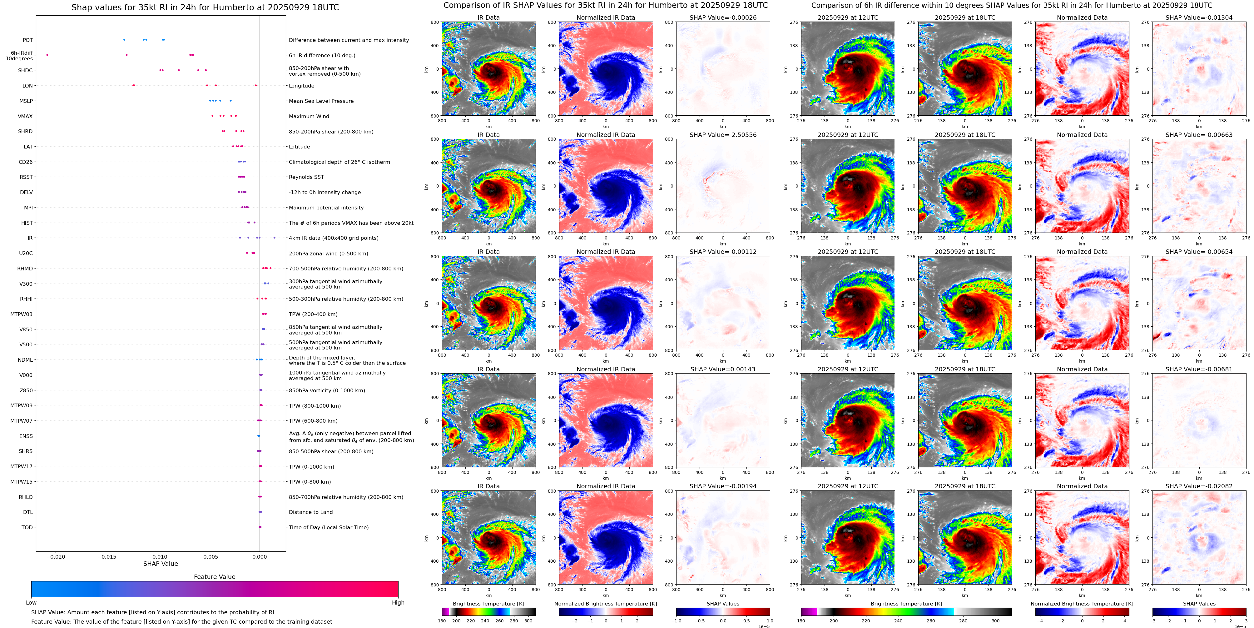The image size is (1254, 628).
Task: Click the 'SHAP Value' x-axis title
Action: point(161,564)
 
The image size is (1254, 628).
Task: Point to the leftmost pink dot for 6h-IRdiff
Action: point(47,55)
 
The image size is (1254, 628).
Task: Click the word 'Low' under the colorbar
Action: point(31,603)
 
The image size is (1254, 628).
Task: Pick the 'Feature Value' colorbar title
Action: point(214,577)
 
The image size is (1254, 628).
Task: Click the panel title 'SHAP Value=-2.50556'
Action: point(723,135)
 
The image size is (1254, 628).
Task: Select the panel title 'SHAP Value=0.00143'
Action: point(723,369)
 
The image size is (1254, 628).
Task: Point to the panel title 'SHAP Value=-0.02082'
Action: point(1199,486)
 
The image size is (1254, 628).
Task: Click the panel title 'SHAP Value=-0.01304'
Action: point(1199,18)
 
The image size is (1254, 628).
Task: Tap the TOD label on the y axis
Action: point(27,527)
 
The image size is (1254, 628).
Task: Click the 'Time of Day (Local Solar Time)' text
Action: point(329,527)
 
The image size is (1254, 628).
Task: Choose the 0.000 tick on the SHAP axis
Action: point(260,556)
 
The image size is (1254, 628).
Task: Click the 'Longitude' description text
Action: point(301,86)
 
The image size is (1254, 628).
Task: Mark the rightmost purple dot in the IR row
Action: point(274,238)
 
